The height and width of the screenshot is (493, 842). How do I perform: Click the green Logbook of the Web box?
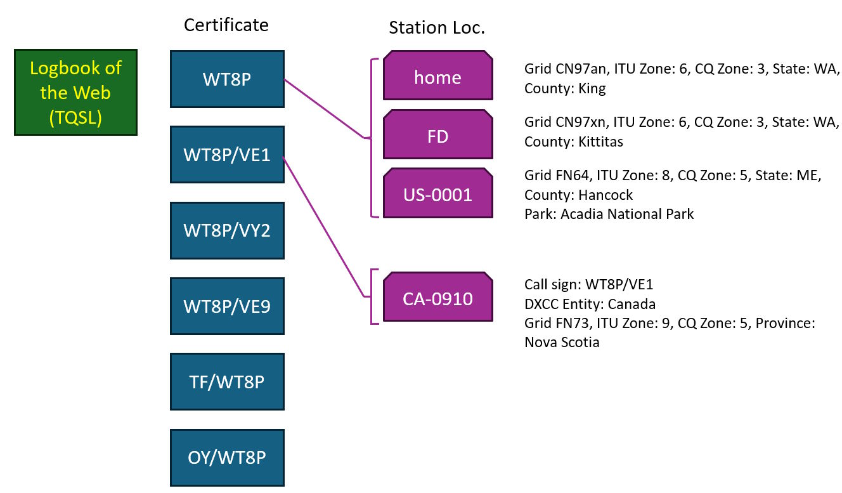pyautogui.click(x=75, y=93)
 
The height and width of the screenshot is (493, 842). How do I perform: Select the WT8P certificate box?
pyautogui.click(x=227, y=79)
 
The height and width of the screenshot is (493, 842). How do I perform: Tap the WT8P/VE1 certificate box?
pyautogui.click(x=227, y=155)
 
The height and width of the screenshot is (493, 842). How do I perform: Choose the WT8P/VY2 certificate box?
pyautogui.click(x=227, y=230)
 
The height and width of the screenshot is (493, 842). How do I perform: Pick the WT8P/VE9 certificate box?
pyautogui.click(x=227, y=306)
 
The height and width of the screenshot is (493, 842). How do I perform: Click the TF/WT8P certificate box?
pyautogui.click(x=227, y=382)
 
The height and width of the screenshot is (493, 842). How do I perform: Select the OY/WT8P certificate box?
pyautogui.click(x=227, y=457)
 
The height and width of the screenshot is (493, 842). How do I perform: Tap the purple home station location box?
pyautogui.click(x=437, y=77)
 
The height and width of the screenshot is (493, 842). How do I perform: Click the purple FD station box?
pyautogui.click(x=437, y=136)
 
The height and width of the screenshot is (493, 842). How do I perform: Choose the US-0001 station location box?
pyautogui.click(x=437, y=194)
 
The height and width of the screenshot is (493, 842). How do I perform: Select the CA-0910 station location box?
pyautogui.click(x=437, y=298)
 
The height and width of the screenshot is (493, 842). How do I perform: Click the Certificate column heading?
pyautogui.click(x=226, y=25)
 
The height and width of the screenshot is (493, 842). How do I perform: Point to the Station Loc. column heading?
pyautogui.click(x=436, y=28)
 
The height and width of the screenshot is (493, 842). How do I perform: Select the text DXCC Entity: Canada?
pyautogui.click(x=590, y=303)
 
